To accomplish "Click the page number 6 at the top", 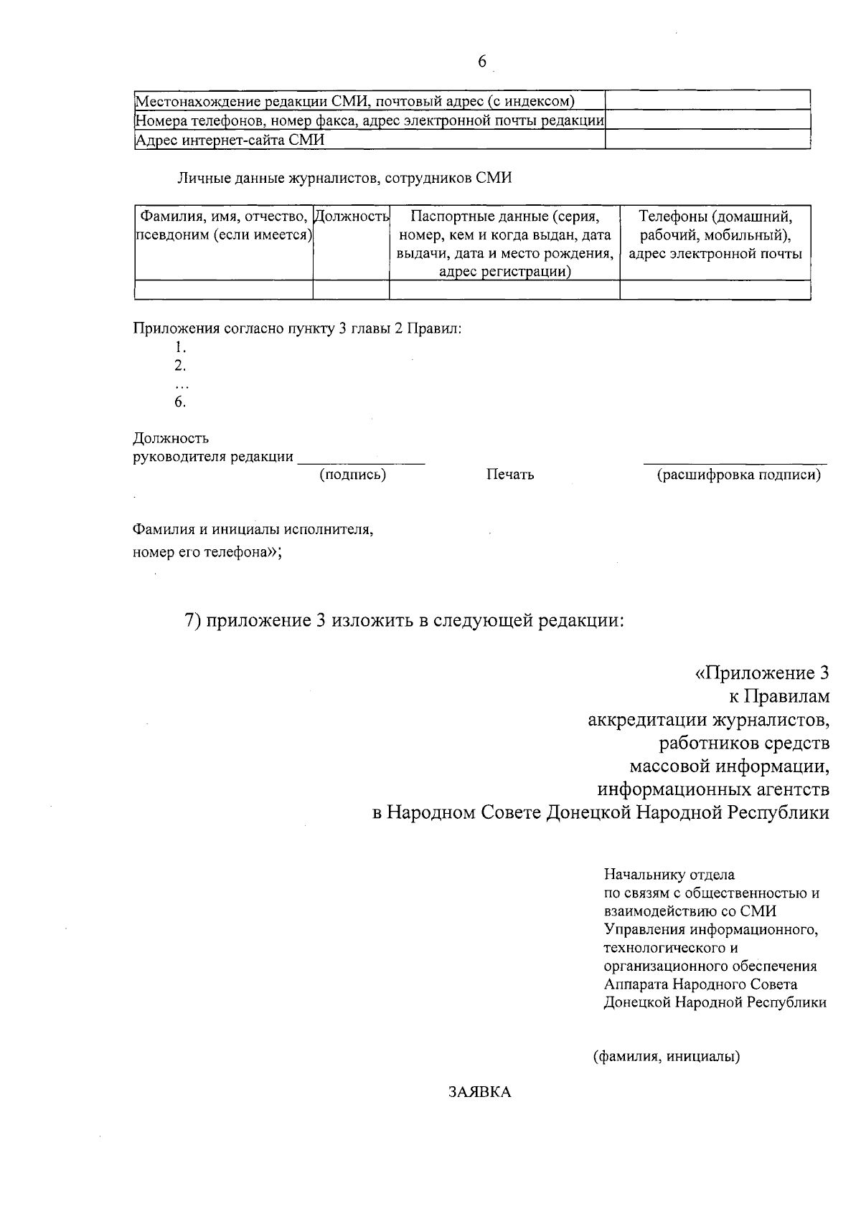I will point(481,62).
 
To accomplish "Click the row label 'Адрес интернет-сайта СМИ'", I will point(230,141).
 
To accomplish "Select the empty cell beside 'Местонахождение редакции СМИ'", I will point(707,100).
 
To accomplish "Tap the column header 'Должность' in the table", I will point(352,217).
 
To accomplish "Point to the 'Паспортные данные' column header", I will point(504,217).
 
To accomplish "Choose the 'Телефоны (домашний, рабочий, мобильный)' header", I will point(715,226).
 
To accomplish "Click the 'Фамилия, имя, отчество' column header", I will point(224,217).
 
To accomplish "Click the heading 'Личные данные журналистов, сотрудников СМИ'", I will point(344,179).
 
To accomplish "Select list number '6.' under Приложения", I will point(180,402).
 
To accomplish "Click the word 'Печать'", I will point(509,475).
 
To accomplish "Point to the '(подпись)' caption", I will point(352,475).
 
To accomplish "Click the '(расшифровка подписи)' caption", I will point(739,475).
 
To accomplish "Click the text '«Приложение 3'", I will point(762,673).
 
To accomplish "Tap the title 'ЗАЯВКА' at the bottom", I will point(480,1092).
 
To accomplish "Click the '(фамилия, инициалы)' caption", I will point(667,1056).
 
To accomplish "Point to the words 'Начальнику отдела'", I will point(669,875).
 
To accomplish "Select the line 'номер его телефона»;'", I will point(207,552).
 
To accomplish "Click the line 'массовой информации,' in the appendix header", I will point(730,766).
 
